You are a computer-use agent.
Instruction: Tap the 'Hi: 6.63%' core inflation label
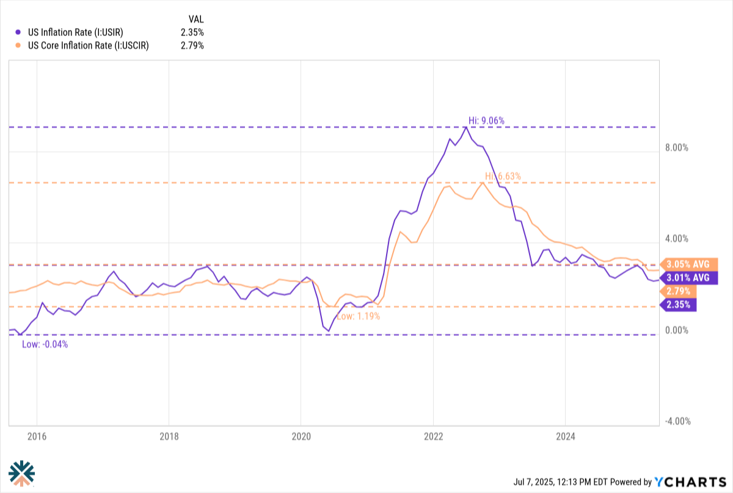coord(503,176)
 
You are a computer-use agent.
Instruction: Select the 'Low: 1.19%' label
coord(359,316)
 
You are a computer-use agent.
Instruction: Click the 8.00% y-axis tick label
coord(677,148)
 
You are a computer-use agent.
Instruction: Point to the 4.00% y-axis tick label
coord(677,239)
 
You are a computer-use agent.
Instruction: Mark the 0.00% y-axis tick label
coord(677,330)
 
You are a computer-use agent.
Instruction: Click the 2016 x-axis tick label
coord(37,436)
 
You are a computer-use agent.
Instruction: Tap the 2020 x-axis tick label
coord(301,436)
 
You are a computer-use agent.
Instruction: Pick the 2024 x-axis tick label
coord(565,436)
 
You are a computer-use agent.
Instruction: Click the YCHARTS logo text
coord(689,481)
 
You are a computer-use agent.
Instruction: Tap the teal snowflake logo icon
coord(21,472)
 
